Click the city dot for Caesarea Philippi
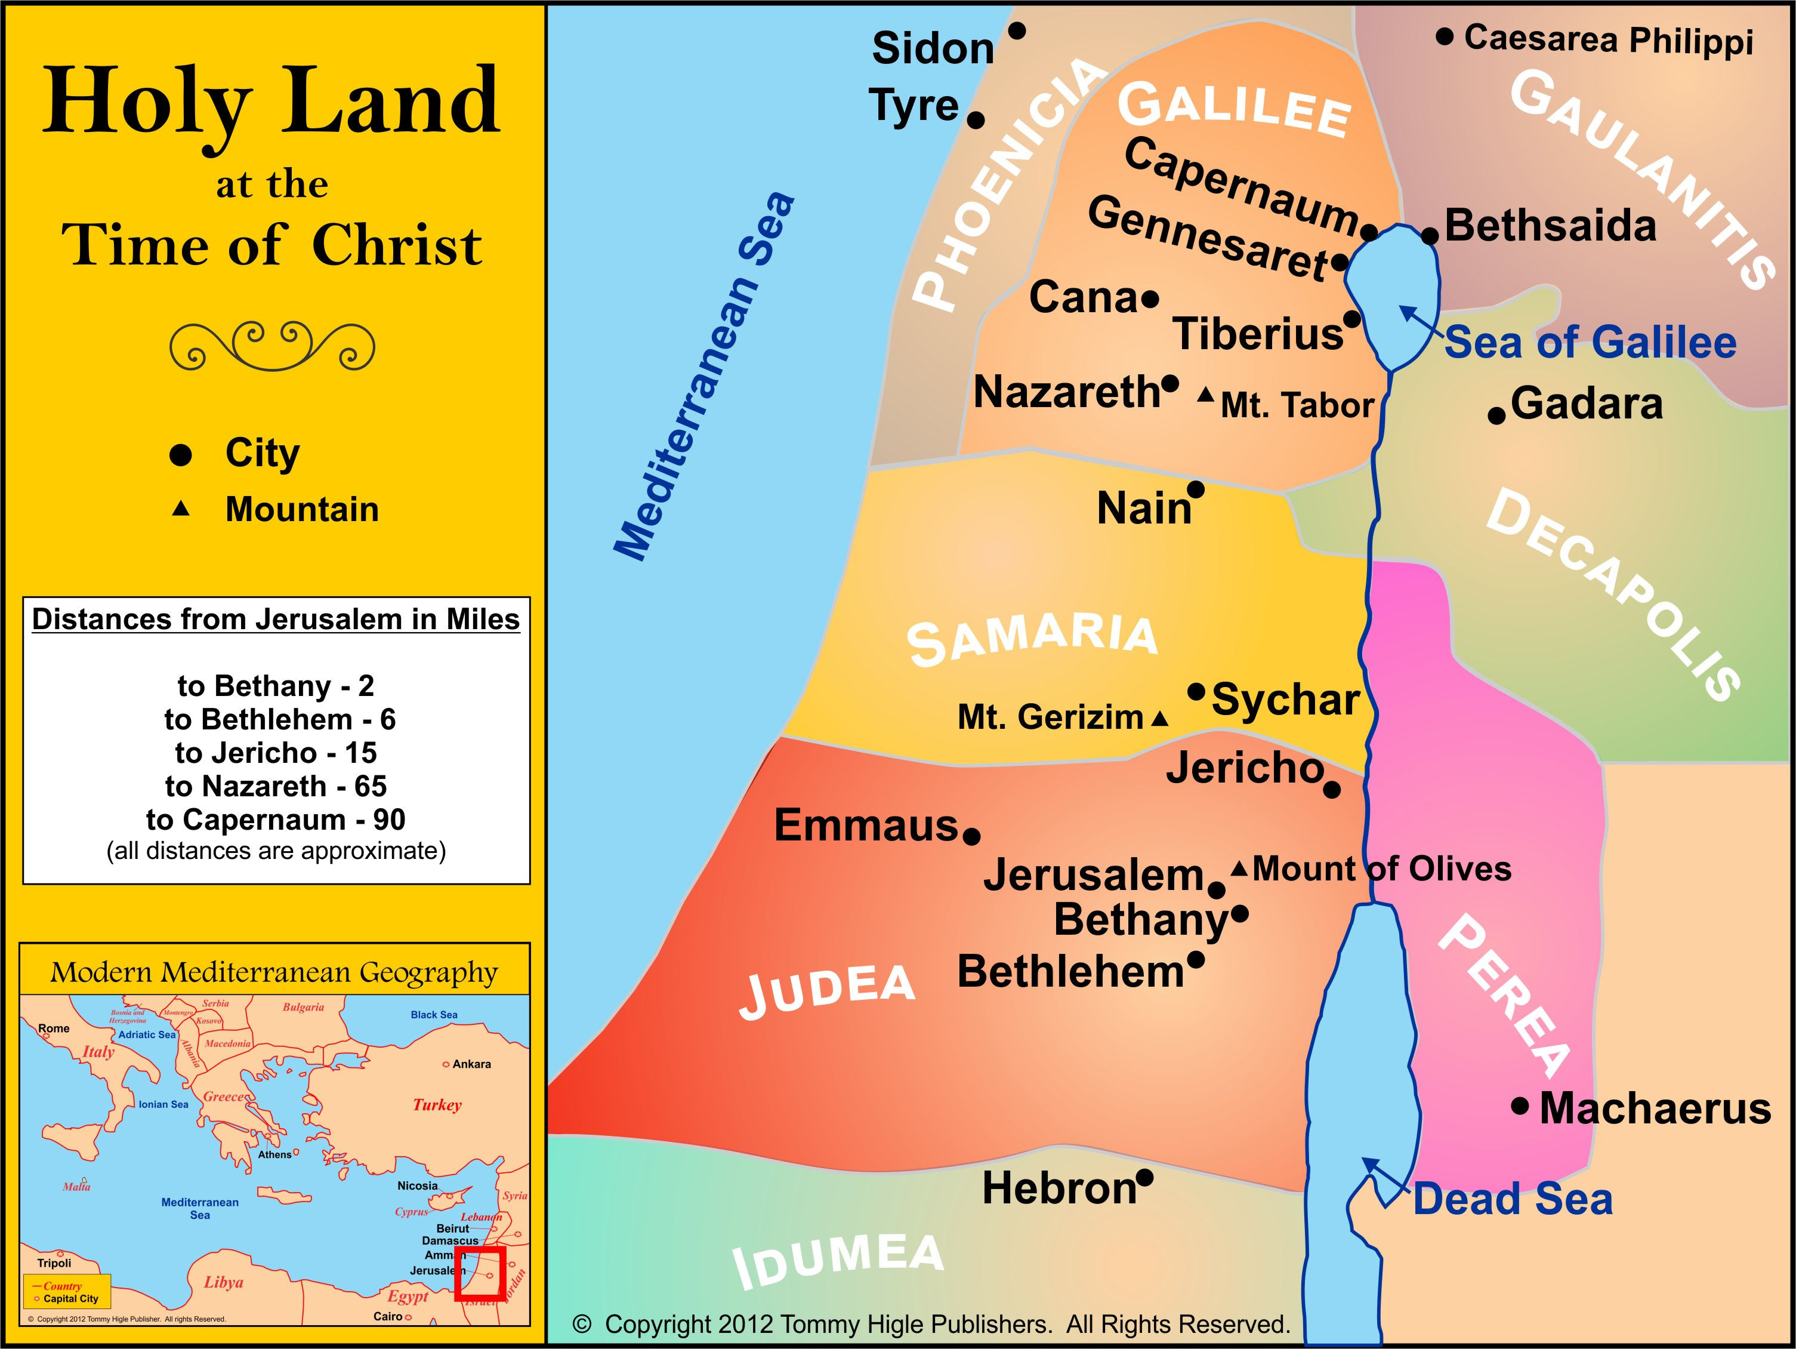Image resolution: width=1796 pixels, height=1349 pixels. coord(1445,36)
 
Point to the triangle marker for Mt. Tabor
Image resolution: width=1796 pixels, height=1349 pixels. coord(1206,396)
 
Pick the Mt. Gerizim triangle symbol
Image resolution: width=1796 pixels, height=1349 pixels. coord(1161,719)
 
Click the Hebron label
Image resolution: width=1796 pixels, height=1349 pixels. coord(1059,1189)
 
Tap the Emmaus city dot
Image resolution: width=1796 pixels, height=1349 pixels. coord(972,835)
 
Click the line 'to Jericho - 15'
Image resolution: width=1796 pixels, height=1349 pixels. coord(276,753)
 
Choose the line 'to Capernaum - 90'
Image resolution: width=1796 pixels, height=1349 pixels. coord(276,820)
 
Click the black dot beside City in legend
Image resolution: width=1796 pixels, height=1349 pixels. coord(180,455)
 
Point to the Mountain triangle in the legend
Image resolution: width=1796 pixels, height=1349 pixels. coord(181,509)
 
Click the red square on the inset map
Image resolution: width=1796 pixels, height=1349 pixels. coord(480,1273)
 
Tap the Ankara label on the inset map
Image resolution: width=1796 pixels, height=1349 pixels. coord(471,1064)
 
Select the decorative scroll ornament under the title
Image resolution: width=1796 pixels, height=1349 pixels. coord(272,345)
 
